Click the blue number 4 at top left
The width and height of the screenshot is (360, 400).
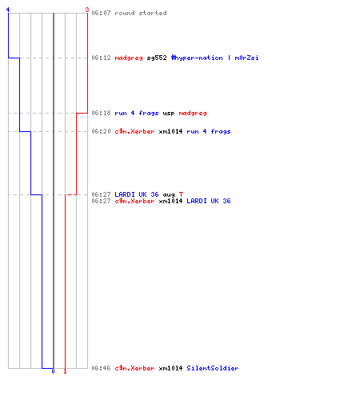8,10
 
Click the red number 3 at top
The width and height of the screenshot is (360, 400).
87,10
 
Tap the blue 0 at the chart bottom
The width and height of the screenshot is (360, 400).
53,371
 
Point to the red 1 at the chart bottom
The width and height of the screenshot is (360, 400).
65,371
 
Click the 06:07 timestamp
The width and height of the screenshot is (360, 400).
101,13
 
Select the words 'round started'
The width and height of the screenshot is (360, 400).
141,13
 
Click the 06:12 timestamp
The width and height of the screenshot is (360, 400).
101,58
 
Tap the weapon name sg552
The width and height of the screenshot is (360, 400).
157,58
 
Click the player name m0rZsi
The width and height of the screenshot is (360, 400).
246,58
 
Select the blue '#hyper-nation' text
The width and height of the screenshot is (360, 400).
197,58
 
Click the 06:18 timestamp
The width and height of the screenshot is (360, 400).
101,113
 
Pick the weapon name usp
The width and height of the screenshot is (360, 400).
169,114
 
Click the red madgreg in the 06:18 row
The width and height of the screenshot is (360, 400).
193,114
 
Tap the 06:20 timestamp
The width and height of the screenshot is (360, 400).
101,131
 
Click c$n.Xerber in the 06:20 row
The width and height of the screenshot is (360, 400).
134,131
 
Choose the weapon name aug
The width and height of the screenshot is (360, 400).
169,195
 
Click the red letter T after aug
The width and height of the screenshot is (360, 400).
181,194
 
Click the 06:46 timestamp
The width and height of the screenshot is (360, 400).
101,368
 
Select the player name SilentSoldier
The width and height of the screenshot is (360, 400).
213,368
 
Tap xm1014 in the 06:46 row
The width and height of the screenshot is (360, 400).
170,368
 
